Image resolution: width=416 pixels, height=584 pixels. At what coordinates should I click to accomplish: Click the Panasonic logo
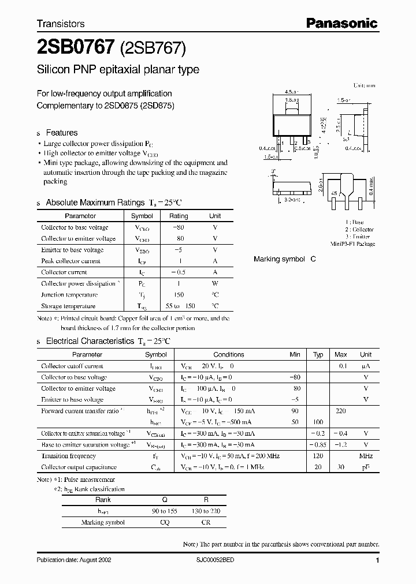click(x=341, y=23)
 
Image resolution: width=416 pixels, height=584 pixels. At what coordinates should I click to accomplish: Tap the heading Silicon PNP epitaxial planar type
click(x=118, y=70)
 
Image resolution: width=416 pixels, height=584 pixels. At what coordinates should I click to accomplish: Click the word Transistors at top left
click(x=61, y=24)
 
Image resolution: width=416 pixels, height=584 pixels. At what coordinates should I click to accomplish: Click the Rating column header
click(x=179, y=216)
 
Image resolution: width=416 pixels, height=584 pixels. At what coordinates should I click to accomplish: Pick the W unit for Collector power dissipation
click(x=215, y=283)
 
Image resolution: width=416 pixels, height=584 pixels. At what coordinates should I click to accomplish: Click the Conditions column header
click(x=229, y=354)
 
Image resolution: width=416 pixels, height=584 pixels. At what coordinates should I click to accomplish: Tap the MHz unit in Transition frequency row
click(x=365, y=456)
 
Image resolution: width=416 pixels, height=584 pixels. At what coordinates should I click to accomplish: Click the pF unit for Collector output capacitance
click(x=365, y=467)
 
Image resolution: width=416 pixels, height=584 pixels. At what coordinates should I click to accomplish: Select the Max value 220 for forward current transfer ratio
click(x=341, y=411)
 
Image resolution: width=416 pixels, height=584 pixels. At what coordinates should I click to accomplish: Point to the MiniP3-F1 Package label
click(x=352, y=244)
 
